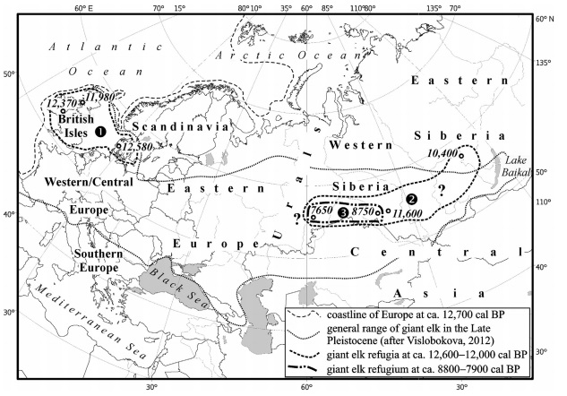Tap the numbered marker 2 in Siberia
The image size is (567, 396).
pyautogui.click(x=412, y=198)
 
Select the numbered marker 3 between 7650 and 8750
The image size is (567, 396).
pyautogui.click(x=341, y=212)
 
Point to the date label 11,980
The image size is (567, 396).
pyautogui.click(x=100, y=96)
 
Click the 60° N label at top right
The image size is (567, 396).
pyautogui.click(x=546, y=19)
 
